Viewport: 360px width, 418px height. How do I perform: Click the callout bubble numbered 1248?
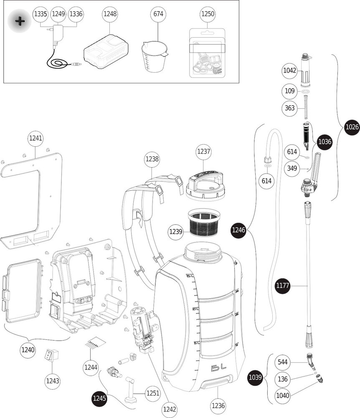(x=110, y=14)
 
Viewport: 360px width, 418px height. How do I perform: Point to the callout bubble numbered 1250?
(x=208, y=14)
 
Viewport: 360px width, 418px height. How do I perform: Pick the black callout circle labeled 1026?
(x=352, y=127)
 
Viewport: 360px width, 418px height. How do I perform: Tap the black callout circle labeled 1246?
(x=239, y=230)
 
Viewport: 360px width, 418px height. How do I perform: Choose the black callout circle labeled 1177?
(x=284, y=286)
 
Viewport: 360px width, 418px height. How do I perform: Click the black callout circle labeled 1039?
(x=256, y=377)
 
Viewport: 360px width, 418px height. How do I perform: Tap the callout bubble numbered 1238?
(x=152, y=159)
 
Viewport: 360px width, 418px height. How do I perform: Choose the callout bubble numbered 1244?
(x=91, y=367)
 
